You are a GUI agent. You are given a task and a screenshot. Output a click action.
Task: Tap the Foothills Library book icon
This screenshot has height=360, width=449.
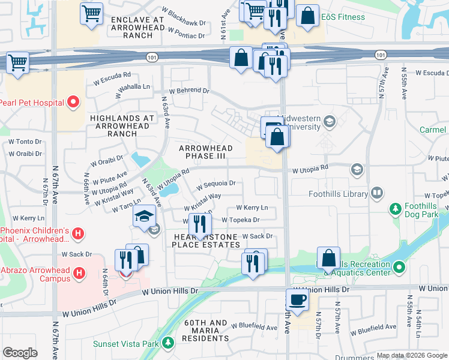[377, 193]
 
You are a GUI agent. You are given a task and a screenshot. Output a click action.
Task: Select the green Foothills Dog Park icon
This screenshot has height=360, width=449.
[395, 209]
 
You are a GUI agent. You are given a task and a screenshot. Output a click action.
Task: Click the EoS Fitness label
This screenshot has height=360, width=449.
[343, 17]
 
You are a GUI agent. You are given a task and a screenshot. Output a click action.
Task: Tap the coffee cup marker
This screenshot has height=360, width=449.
[297, 299]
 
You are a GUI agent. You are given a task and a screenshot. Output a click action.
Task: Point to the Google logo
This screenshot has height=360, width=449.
[20, 353]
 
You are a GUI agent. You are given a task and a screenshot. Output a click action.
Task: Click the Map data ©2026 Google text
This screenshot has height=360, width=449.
[411, 355]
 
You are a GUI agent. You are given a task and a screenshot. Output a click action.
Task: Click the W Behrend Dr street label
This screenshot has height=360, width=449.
[188, 91]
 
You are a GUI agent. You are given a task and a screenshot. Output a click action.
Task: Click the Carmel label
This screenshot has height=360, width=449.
[432, 130]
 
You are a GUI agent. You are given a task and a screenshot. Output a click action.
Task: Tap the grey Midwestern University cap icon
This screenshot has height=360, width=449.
[329, 122]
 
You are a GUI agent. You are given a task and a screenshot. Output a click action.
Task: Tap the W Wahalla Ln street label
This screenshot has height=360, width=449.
[134, 86]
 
